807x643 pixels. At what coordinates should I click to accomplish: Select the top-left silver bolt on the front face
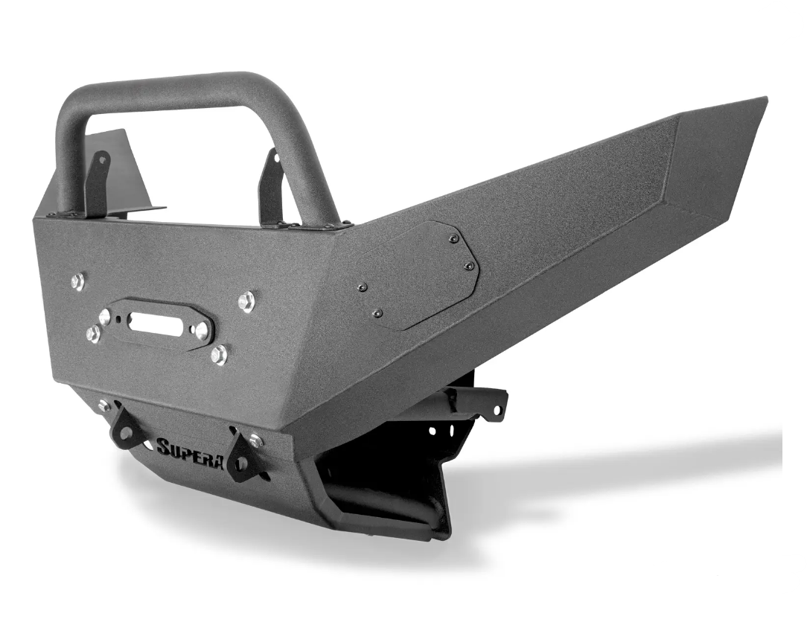77,281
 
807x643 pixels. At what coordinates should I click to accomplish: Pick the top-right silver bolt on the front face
246,302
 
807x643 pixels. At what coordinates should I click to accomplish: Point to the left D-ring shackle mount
127,427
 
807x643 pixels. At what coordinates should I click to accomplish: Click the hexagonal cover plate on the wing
417,276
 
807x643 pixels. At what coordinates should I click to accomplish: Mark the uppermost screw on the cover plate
453,238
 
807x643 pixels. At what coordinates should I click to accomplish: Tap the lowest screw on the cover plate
377,313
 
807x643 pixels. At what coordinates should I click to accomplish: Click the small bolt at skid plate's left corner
103,405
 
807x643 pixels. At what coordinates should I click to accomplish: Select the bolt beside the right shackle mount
256,441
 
